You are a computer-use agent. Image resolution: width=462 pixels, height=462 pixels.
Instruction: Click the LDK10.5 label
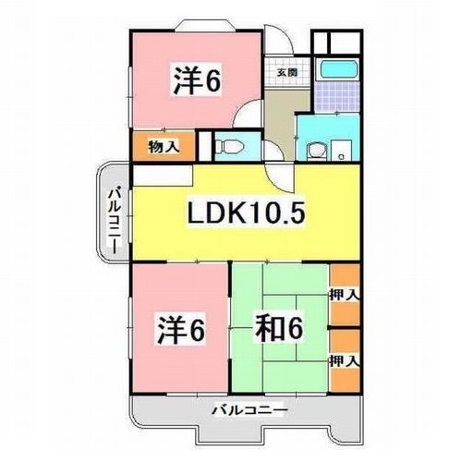pos(247,213)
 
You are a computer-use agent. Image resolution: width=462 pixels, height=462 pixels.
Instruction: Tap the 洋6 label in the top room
pos(197,82)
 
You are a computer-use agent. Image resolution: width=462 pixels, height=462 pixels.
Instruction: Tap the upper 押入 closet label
pos(346,294)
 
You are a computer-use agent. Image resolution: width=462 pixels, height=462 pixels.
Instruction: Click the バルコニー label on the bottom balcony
pos(249,407)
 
